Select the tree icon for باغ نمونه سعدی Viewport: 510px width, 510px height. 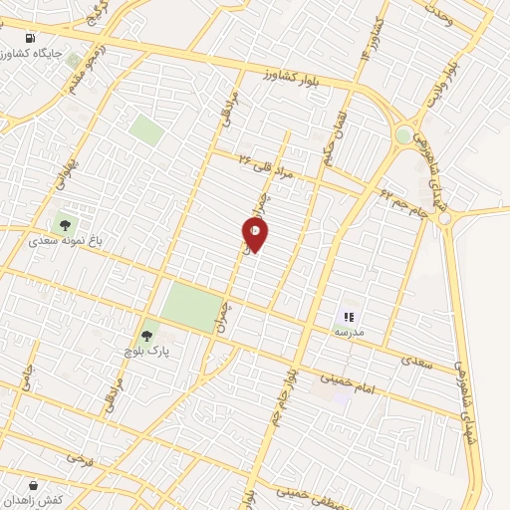tap(66, 226)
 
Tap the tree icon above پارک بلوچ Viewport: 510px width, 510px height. tap(146, 337)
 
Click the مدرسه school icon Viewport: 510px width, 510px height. tap(349, 316)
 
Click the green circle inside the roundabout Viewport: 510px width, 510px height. tap(403, 134)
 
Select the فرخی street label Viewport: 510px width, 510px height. tap(80, 459)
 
